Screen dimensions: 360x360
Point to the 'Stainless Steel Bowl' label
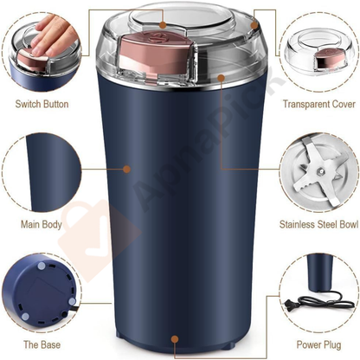[317, 224]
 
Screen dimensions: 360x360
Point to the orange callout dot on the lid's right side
[222, 78]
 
